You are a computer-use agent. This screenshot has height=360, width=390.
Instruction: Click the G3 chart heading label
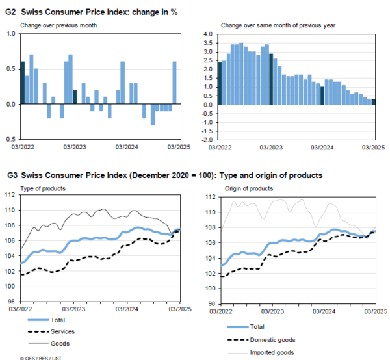[x=163, y=175]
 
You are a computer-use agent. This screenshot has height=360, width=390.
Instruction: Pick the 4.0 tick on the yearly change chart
[x=208, y=34]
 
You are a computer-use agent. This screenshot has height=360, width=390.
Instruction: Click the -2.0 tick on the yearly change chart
[x=207, y=138]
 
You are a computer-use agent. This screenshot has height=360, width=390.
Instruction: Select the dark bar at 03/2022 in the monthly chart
[x=23, y=83]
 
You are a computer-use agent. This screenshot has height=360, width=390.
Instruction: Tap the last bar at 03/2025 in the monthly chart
[x=174, y=83]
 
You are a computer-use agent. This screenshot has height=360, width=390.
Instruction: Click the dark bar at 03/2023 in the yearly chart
[x=271, y=79]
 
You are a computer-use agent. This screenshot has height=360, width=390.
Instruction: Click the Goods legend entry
[x=59, y=343]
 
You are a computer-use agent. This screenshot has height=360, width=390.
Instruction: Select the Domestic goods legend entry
[x=274, y=340]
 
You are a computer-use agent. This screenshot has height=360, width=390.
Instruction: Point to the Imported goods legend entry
[x=273, y=352]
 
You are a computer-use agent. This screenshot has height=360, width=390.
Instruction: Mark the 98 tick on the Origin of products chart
[x=209, y=303]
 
